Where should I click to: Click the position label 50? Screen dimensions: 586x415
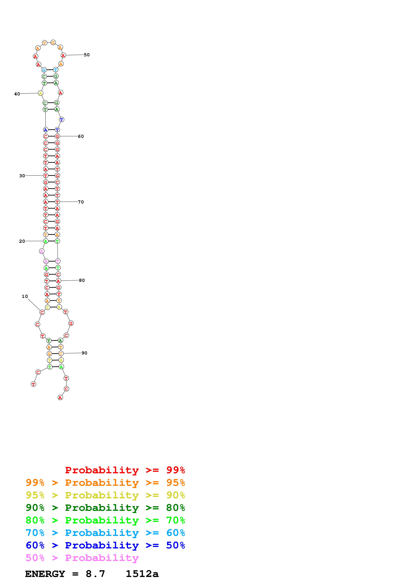(x=87, y=55)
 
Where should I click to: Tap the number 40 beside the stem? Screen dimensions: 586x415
(x=17, y=94)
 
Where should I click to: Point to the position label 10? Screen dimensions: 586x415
(x=25, y=296)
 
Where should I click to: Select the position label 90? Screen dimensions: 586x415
(x=84, y=353)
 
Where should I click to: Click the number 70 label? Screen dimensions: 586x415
(x=81, y=202)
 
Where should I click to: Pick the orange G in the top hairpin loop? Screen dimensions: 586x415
(x=53, y=43)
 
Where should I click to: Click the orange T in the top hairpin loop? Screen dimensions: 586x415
(x=45, y=43)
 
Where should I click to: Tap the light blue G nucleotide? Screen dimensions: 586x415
(x=44, y=70)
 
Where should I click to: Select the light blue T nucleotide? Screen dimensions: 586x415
(x=55, y=70)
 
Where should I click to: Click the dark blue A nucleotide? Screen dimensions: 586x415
(x=46, y=130)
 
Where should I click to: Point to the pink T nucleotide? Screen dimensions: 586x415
(x=58, y=261)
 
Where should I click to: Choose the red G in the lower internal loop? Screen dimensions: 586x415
(x=71, y=323)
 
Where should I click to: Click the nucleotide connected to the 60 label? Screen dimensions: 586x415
(x=57, y=136)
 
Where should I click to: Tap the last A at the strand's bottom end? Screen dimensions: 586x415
(x=60, y=398)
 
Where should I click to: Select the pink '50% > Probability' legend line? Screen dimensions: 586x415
(x=82, y=558)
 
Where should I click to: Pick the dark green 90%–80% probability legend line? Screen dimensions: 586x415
(x=105, y=508)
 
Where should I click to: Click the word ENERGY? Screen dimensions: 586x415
(x=45, y=574)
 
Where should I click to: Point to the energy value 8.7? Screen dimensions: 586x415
(x=95, y=574)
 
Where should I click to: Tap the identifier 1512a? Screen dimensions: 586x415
(x=142, y=574)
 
